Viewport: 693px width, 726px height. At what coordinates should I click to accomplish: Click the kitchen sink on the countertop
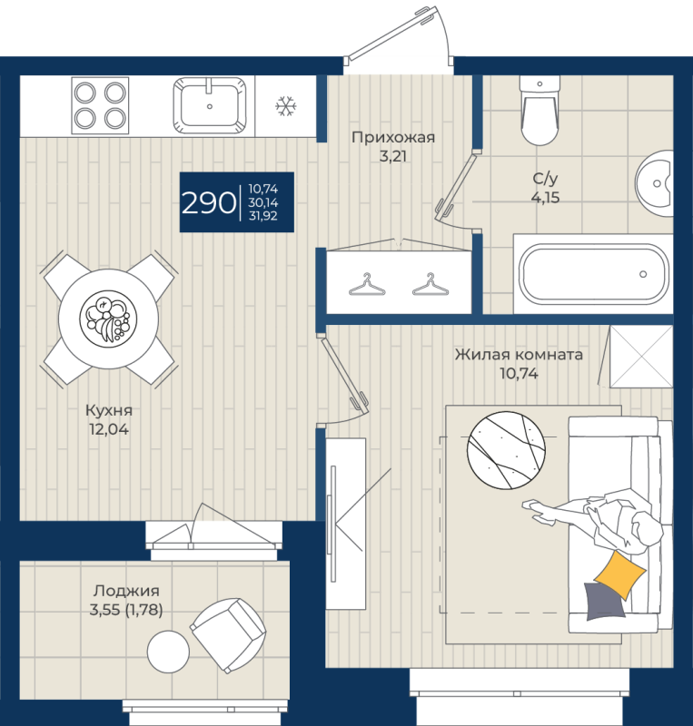pos(210,104)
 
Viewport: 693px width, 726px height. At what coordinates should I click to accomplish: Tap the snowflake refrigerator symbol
pos(286,106)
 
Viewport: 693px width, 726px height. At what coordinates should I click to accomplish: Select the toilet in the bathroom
pos(539,113)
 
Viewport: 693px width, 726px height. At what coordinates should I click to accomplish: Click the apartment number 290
pos(208,202)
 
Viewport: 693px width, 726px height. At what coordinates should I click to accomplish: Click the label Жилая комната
pos(519,355)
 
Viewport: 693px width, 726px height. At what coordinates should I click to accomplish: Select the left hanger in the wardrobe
pos(365,284)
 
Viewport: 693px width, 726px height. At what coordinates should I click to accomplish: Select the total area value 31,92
pos(263,217)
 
